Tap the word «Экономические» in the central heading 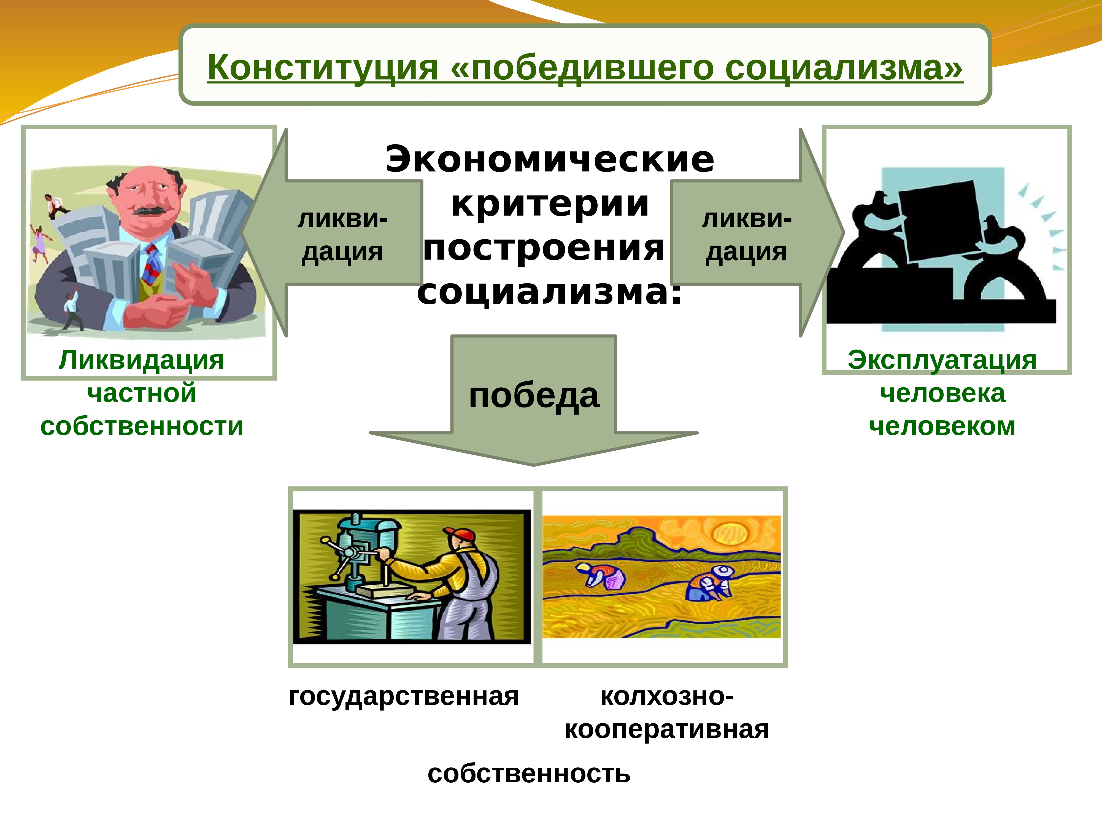click(x=550, y=160)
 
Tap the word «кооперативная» click(x=667, y=729)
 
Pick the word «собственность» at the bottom click(x=529, y=774)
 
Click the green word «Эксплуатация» click(x=942, y=360)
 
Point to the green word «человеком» click(x=942, y=426)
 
